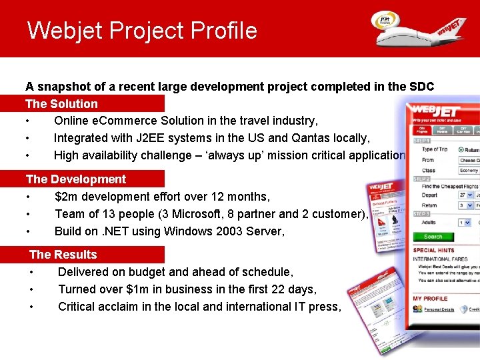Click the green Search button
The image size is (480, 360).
click(x=433, y=237)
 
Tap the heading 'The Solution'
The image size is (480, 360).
click(x=61, y=104)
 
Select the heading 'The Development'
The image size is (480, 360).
click(x=75, y=179)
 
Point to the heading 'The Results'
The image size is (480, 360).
click(x=63, y=255)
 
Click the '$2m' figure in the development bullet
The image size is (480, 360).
click(x=66, y=197)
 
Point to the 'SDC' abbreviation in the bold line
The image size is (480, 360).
click(x=421, y=87)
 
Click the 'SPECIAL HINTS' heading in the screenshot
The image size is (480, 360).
click(x=434, y=250)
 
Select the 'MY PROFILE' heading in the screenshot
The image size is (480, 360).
click(x=430, y=298)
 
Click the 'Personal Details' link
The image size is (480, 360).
click(x=439, y=309)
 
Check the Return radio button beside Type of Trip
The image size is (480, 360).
click(x=461, y=150)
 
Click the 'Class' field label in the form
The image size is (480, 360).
click(x=428, y=171)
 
